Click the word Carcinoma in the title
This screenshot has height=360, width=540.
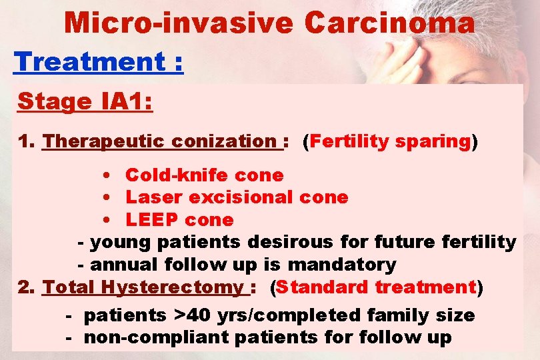pos(389,23)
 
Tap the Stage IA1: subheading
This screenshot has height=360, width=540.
pos(85,102)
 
